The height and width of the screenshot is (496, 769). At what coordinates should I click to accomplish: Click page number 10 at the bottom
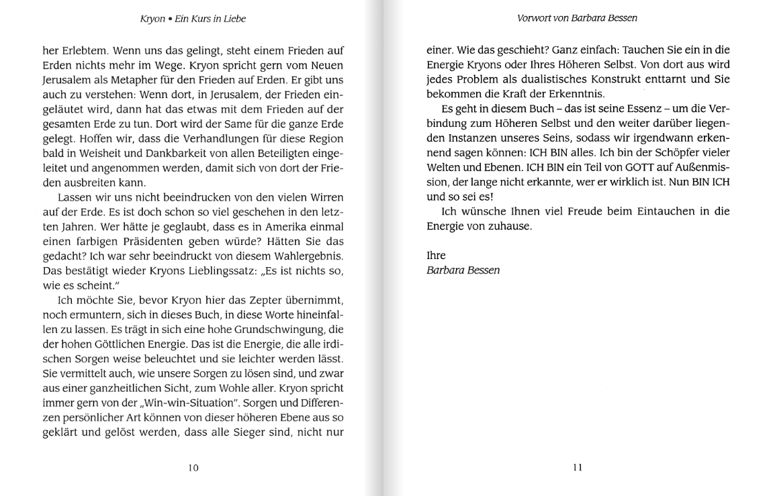coord(193,468)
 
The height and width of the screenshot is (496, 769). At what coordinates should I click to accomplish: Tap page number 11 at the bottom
coord(577,468)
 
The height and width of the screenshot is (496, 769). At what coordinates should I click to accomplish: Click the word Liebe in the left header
coord(232,19)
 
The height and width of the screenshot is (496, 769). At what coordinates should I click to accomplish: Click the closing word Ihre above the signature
coord(436,256)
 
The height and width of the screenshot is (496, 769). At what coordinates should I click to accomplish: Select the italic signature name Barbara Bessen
coord(463,270)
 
